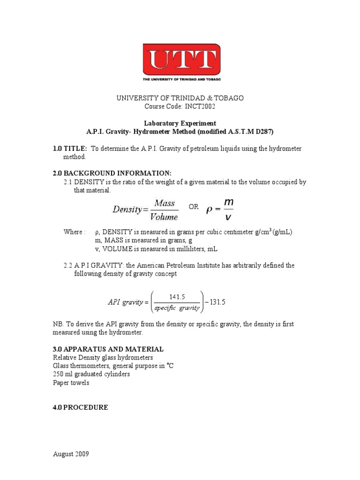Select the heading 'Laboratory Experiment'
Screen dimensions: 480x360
pyautogui.click(x=180, y=123)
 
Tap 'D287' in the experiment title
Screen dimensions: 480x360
pyautogui.click(x=263, y=132)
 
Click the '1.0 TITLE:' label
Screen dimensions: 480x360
pyautogui.click(x=70, y=149)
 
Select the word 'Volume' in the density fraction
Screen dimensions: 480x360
pyautogui.click(x=164, y=217)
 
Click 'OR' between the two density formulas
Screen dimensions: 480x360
pyautogui.click(x=194, y=207)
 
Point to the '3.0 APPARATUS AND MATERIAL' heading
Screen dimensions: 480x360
pyautogui.click(x=108, y=349)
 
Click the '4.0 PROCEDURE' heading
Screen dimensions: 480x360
pyautogui.click(x=80, y=408)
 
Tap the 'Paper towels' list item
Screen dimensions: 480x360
pyautogui.click(x=71, y=383)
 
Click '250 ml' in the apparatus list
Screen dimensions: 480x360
pyautogui.click(x=62, y=374)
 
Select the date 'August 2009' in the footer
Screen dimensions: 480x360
pyautogui.click(x=71, y=454)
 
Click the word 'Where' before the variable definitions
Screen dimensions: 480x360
pyautogui.click(x=73, y=232)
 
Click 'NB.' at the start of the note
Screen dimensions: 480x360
pyautogui.click(x=58, y=324)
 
